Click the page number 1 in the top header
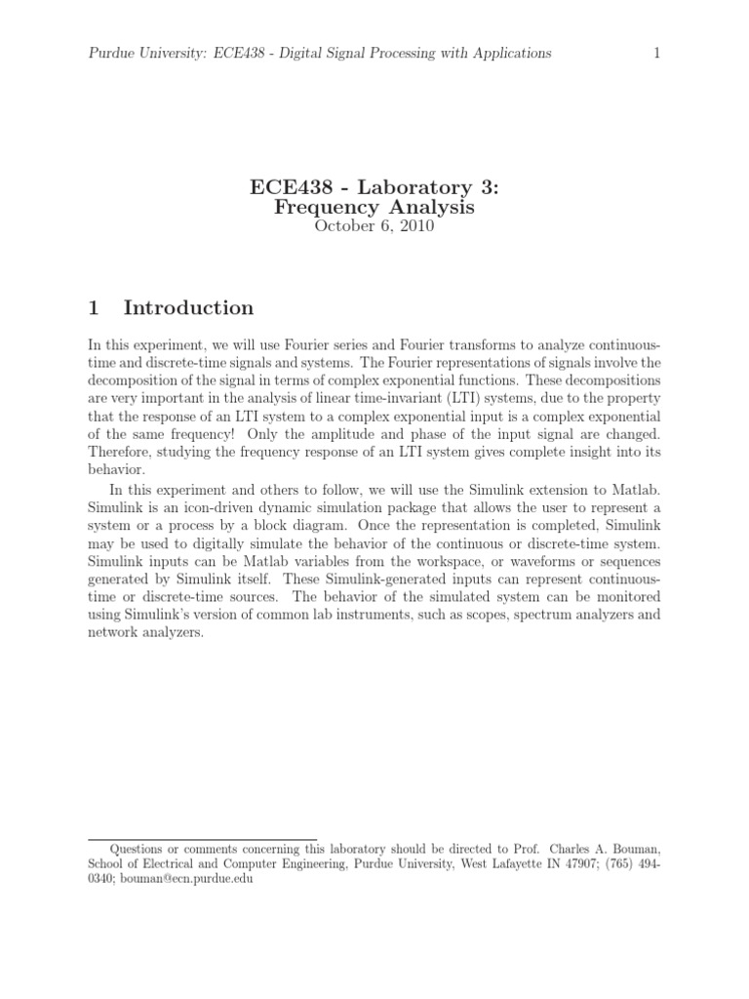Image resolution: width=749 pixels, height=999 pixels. [x=656, y=53]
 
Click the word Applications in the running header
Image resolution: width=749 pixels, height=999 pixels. [x=507, y=53]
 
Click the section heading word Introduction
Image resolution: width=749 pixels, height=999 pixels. [x=188, y=308]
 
